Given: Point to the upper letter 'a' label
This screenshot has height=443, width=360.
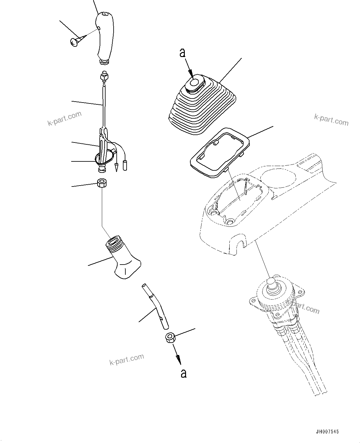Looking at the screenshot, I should pyautogui.click(x=183, y=53).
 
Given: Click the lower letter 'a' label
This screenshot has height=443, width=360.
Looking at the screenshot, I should pyautogui.click(x=184, y=373).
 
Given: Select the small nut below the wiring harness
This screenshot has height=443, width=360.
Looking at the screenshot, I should pyautogui.click(x=102, y=183).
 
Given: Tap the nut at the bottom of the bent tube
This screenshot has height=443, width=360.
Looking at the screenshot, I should pyautogui.click(x=170, y=337).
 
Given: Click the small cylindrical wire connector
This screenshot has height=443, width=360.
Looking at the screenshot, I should pyautogui.click(x=126, y=165).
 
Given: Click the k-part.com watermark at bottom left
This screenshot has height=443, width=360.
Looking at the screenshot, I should pyautogui.click(x=127, y=359).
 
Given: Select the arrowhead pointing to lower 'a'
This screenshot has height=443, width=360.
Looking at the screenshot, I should pyautogui.click(x=178, y=359).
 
